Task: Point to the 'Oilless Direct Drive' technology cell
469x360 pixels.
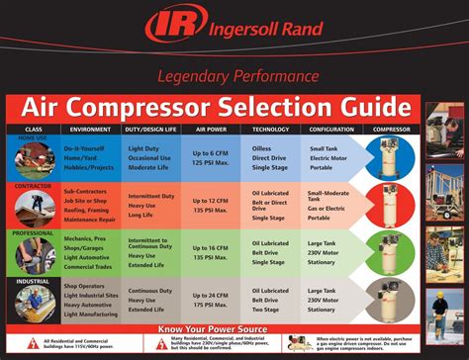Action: (268, 152)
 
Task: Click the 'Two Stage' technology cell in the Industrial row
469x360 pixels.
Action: (267, 309)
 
